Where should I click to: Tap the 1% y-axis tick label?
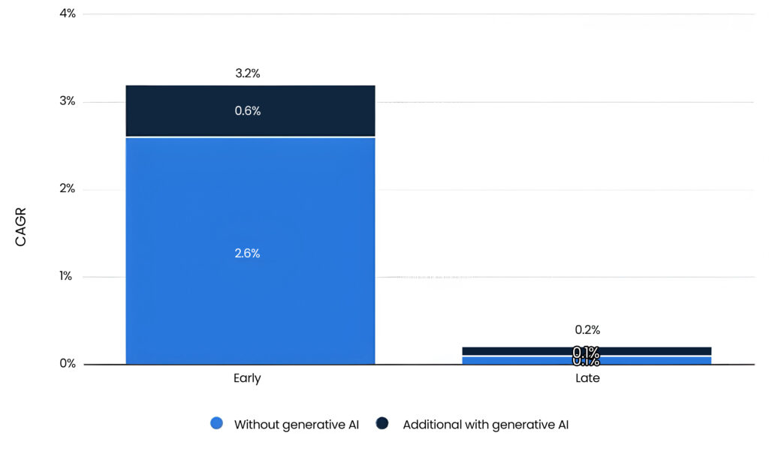coord(66,276)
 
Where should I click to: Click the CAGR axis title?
coord(20,227)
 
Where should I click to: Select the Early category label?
coord(247,379)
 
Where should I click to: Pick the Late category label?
coord(587,379)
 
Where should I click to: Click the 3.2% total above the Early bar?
coord(247,74)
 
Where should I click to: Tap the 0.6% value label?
coord(247,111)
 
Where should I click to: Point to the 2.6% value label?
coord(247,254)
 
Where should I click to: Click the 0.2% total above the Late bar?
coord(587,330)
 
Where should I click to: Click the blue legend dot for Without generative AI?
coord(217,424)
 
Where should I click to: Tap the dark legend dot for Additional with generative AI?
coord(382,424)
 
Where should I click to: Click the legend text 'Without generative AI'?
coord(297,425)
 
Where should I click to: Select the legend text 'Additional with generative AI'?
coord(485,425)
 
